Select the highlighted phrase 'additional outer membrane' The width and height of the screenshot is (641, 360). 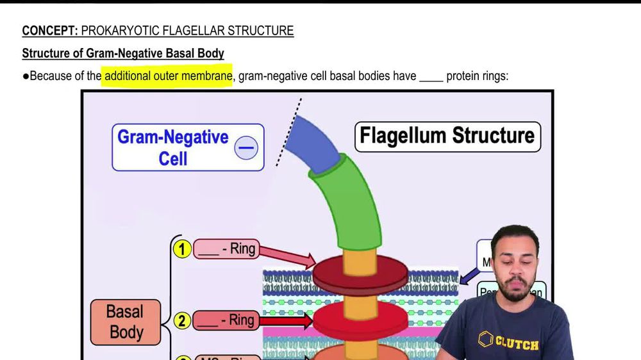(x=168, y=76)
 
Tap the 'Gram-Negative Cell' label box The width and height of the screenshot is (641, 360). (x=187, y=147)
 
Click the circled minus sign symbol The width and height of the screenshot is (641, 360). (x=246, y=149)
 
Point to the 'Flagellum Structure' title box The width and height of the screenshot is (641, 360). (x=447, y=136)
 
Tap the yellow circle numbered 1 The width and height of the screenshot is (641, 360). (x=183, y=249)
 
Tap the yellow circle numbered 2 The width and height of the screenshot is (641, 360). (x=183, y=320)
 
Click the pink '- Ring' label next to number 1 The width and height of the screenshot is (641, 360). (x=226, y=249)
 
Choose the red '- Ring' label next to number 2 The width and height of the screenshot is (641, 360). (x=226, y=320)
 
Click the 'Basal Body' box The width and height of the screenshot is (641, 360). (x=126, y=322)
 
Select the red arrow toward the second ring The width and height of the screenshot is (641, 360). (x=286, y=320)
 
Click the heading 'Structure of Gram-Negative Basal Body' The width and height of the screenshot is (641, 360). (x=123, y=53)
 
